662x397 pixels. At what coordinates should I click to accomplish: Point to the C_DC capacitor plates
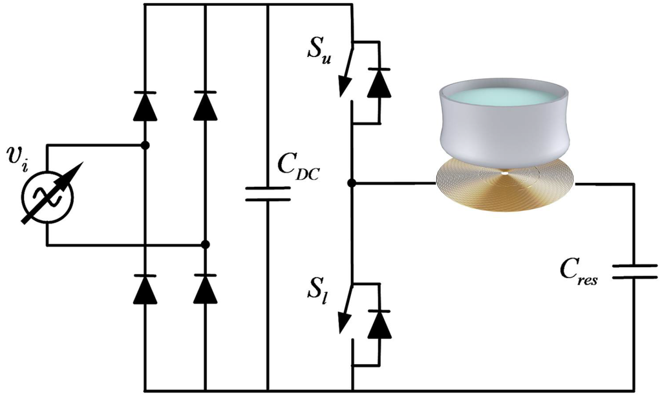coord(268,195)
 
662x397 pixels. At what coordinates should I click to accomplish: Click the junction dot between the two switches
coord(351,184)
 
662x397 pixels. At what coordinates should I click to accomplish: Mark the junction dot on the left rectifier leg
coord(145,145)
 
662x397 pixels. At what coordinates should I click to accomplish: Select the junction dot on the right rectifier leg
coord(205,244)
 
